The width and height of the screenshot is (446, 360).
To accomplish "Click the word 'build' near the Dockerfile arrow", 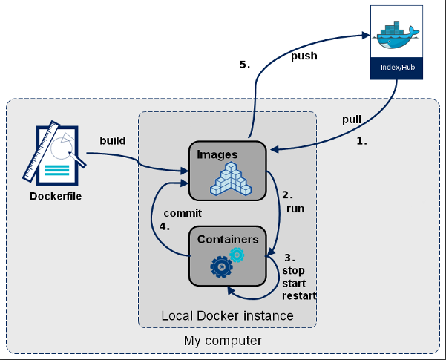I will click(x=113, y=140).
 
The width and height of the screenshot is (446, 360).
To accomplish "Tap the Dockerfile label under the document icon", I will click(x=56, y=197).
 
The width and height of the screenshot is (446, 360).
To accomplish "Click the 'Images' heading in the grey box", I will click(x=217, y=154).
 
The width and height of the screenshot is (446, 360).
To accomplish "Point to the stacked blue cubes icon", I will click(x=229, y=179).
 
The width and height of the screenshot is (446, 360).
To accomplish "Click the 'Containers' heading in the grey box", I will click(x=228, y=239).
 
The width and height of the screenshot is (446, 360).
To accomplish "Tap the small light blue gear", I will click(x=237, y=255).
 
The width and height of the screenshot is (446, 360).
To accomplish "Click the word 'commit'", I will click(x=183, y=212).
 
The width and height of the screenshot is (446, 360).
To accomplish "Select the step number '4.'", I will click(x=165, y=226).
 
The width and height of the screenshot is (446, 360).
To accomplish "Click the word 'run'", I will click(x=295, y=209).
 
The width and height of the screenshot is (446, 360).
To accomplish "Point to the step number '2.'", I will click(x=287, y=195).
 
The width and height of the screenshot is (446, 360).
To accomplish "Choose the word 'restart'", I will click(x=299, y=296).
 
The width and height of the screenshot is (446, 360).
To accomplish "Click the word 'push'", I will click(x=304, y=56).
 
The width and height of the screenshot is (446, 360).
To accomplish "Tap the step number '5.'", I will click(x=245, y=65).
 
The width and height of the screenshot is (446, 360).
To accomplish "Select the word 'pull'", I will click(x=352, y=119).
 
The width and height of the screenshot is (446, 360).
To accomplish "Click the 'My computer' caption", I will click(x=222, y=341).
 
